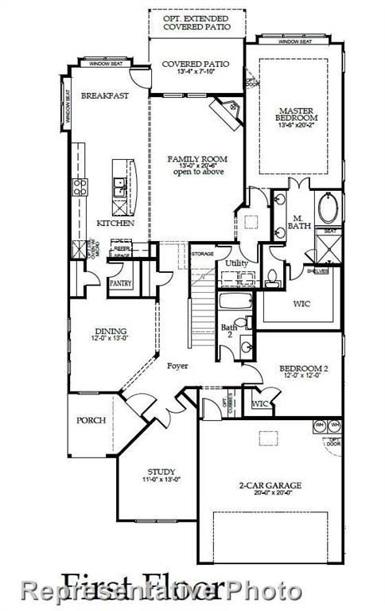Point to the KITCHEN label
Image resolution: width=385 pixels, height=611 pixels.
click(115, 224)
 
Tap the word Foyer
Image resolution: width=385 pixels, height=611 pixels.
click(177, 367)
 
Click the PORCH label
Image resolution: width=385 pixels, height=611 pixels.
click(91, 420)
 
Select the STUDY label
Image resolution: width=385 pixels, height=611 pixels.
click(161, 472)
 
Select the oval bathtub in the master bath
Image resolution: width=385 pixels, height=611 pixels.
click(328, 208)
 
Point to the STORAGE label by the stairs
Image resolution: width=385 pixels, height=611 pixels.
click(203, 254)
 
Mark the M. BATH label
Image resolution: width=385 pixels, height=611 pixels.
click(298, 221)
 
